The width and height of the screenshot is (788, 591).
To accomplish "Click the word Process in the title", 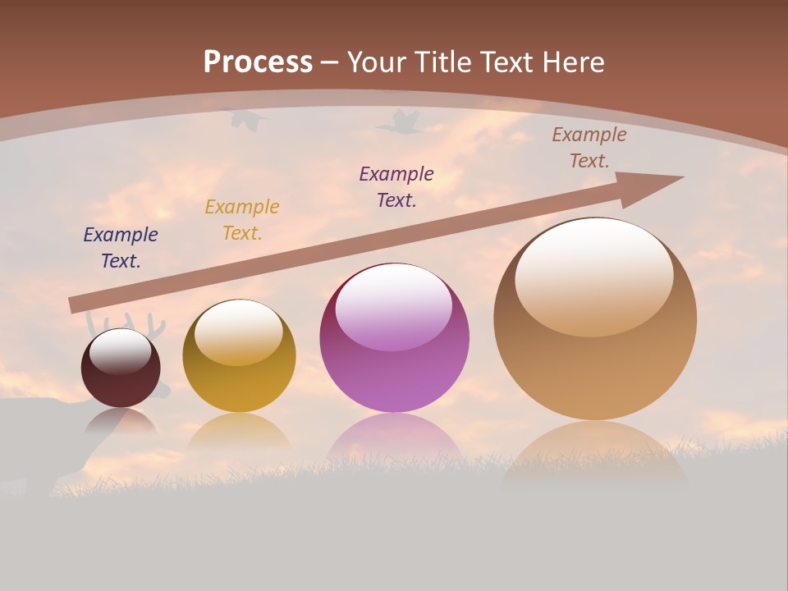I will [x=258, y=62].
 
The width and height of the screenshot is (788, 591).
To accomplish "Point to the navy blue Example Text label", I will [x=121, y=248].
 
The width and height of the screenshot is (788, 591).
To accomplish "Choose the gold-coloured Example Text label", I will [x=242, y=220].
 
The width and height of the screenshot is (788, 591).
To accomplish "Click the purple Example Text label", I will [x=396, y=186].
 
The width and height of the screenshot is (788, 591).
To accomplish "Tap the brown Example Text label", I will [x=589, y=148].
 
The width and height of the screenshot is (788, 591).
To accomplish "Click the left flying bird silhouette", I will [x=249, y=120].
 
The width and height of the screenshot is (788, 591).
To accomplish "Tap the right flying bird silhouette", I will [x=399, y=123].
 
